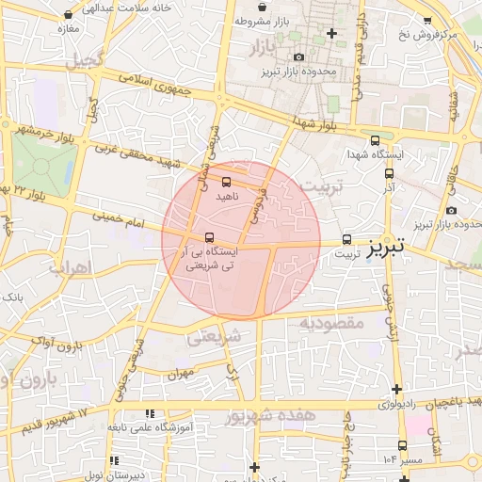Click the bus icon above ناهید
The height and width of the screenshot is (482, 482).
point(226,182)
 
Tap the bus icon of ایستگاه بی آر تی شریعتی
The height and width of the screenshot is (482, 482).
point(209,237)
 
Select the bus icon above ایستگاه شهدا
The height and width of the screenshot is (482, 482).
point(376,139)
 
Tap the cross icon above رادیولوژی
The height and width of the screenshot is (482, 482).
point(397,388)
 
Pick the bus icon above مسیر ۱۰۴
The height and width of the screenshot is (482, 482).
point(403,445)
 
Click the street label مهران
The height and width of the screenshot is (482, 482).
point(181,373)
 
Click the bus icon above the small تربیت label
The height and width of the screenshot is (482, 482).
point(347,239)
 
